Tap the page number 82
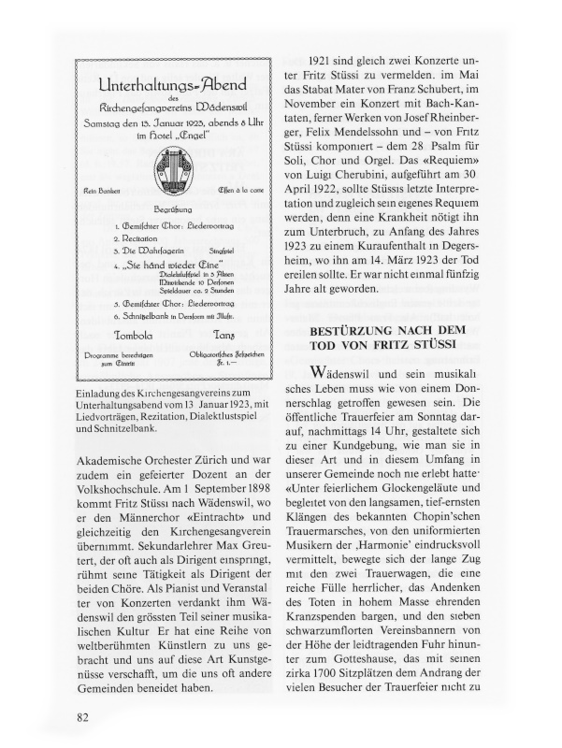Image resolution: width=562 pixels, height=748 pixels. coord(83,717)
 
